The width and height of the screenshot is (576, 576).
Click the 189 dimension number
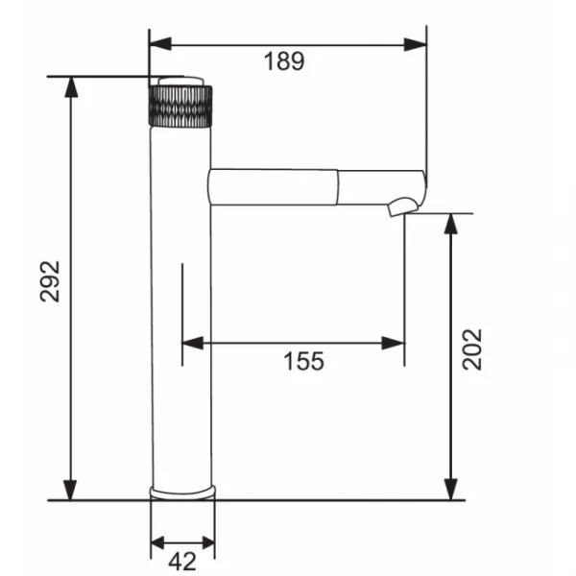tap(284, 61)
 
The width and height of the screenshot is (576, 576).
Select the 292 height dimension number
tap(50, 281)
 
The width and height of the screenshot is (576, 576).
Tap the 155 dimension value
tap(303, 361)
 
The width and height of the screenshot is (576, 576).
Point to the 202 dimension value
tap(471, 349)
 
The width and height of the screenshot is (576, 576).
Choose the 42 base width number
tap(182, 562)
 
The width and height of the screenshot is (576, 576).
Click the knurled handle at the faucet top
tap(180, 107)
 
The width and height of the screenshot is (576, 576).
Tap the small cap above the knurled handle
tap(180, 82)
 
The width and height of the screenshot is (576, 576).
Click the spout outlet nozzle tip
tap(403, 206)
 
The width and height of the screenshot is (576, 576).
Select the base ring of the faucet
tap(182, 492)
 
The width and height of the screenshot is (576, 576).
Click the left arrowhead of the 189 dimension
tap(160, 44)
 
